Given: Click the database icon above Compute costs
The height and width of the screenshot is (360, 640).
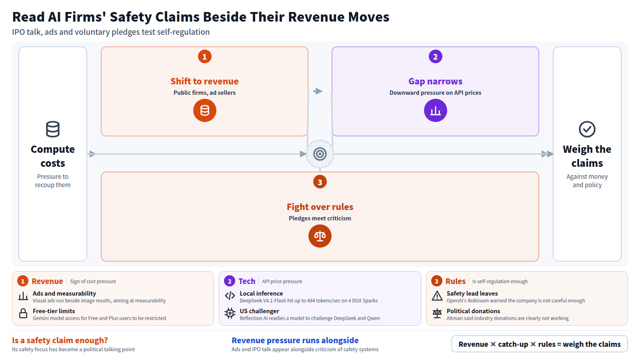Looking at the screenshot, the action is (53, 129).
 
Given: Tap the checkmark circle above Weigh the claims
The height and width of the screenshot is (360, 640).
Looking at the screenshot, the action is (587, 129).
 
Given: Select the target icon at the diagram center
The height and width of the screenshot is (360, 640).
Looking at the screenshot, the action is (320, 154).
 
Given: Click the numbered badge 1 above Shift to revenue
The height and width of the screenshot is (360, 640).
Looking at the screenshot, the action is (204, 56).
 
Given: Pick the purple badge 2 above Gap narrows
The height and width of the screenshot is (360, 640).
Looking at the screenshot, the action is (436, 56).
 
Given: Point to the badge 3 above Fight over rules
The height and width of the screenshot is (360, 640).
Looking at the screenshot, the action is (320, 182).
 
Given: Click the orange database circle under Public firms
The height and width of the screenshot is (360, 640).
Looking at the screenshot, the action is (204, 110).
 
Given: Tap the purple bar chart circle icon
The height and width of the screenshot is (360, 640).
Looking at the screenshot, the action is (436, 110).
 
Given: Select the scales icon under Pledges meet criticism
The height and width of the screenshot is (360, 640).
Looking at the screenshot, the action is (320, 236).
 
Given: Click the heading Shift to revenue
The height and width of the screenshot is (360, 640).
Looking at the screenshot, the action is (204, 81).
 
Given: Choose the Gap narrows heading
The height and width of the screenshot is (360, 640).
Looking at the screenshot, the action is (436, 81).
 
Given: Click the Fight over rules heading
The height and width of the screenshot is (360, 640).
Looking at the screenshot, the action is (320, 206).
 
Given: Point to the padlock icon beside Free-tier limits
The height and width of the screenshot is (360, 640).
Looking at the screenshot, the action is (23, 314).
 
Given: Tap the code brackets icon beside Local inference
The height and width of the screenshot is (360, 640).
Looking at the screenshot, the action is (230, 296).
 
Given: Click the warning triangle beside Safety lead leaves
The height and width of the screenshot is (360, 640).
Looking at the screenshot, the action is (437, 296).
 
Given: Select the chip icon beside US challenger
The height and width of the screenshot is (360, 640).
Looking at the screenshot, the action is (230, 314).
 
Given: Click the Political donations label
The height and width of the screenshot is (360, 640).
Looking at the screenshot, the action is (474, 311).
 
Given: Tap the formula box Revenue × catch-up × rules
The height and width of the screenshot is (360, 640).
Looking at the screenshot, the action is (540, 344).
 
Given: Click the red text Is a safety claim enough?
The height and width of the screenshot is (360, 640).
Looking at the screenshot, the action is (60, 340).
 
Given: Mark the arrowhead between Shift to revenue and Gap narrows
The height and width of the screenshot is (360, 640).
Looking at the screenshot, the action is (318, 91).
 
